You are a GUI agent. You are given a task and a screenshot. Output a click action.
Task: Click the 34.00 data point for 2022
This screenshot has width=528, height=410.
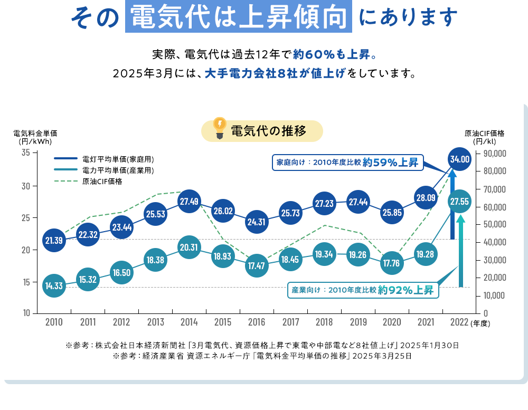[459, 158]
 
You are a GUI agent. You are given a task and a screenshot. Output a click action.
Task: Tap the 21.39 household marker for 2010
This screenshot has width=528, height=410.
[54, 241]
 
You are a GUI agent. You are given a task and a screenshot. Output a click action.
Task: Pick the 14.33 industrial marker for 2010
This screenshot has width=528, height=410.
[54, 285]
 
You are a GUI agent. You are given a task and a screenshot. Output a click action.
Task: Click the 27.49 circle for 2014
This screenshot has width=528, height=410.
[189, 202]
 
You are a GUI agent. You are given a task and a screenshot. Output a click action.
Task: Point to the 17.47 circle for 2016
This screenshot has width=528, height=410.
[257, 265]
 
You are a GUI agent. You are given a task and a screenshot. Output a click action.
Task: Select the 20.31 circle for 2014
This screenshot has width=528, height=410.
[189, 247]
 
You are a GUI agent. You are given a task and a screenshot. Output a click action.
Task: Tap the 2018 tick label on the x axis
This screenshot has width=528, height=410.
[324, 322]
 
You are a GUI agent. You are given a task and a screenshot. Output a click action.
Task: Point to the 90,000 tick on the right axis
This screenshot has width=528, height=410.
[495, 154]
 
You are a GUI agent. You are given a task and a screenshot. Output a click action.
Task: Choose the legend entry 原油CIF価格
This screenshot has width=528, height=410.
[102, 182]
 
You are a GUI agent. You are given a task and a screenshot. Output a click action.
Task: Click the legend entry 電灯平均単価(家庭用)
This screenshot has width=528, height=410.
[118, 158]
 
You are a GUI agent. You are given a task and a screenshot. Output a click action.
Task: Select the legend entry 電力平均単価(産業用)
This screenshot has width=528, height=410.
[118, 170]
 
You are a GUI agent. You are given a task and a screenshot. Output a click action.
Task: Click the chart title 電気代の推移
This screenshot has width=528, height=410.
[269, 131]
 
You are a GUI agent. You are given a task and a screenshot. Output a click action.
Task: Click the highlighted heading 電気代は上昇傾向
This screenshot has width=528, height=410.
[238, 18]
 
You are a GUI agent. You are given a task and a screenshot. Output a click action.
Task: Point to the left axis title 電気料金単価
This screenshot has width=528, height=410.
[35, 133]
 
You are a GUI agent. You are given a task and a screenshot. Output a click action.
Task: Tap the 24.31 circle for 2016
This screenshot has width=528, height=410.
[257, 222]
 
